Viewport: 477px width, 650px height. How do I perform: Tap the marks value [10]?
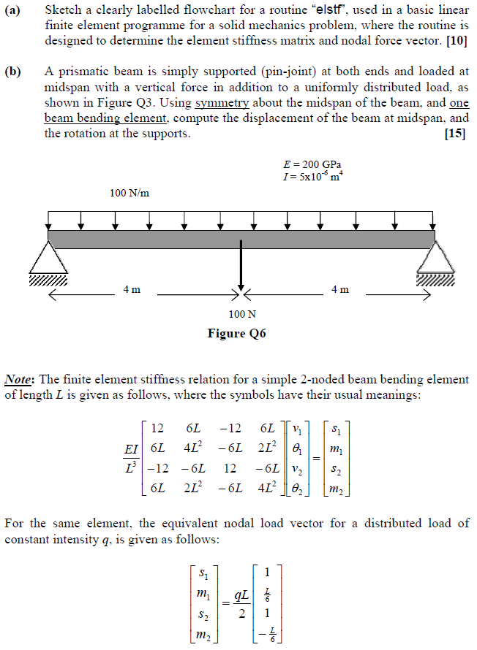(457, 41)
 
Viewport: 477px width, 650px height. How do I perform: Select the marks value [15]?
(457, 134)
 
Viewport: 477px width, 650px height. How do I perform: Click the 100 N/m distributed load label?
(129, 194)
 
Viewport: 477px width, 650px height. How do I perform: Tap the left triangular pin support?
(48, 259)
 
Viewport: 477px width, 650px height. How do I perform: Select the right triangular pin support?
(435, 259)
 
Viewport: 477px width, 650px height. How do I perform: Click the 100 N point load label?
(242, 315)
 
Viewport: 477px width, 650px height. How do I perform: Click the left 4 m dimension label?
(132, 290)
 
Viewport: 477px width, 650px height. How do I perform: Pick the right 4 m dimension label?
(340, 290)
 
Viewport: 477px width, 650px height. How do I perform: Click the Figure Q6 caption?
(237, 334)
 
